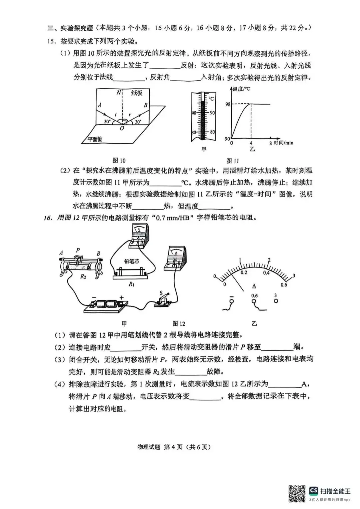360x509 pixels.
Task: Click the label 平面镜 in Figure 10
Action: [x=95, y=139]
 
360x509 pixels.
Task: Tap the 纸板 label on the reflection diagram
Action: [x=137, y=93]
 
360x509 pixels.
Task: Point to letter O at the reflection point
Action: [x=122, y=128]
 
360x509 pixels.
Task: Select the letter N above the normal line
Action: [x=118, y=93]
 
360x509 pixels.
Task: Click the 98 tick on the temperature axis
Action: [x=228, y=104]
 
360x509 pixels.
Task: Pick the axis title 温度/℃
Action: [x=242, y=89]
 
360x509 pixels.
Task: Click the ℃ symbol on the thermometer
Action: [x=211, y=99]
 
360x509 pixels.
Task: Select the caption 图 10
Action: [x=119, y=160]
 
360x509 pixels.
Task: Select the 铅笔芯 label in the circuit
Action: [x=131, y=261]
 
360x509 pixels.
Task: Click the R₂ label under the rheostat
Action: [x=83, y=276]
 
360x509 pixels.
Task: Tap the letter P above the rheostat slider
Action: [x=78, y=250]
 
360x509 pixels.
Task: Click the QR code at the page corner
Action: [x=297, y=493]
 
